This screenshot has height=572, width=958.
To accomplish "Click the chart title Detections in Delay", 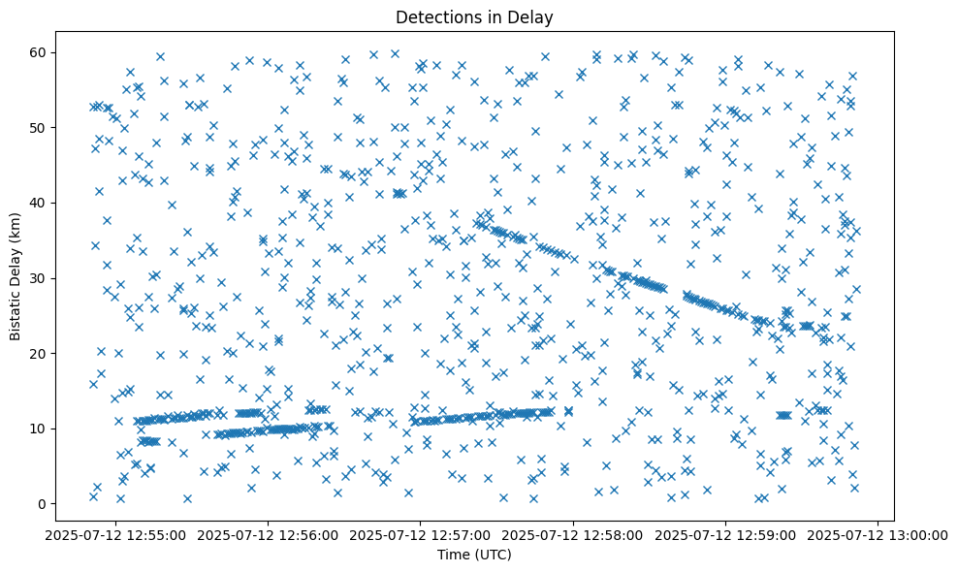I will pos(475,16).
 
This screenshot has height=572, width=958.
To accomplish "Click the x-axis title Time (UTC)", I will pos(475,555).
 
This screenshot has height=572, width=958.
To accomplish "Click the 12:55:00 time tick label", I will pos(117,534).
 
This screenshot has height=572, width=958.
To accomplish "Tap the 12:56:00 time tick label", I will pos(270,534).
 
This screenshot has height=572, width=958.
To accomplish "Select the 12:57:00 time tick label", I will pos(422,534).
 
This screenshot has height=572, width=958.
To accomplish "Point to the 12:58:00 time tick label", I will pos(574,534).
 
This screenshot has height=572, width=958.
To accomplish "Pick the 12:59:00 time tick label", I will pos(726,534).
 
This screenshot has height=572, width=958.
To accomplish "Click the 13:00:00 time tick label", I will pos(878,534).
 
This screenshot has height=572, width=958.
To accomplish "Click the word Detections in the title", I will pos(438,16).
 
